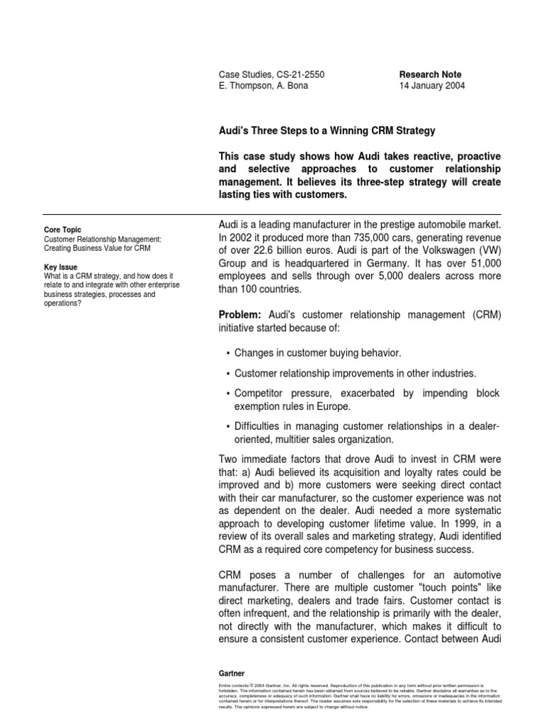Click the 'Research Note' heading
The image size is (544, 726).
coord(430,74)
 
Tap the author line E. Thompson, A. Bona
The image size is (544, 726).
coord(263,86)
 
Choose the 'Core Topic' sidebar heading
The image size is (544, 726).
coord(62,230)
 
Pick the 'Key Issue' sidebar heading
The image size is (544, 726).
coord(60,267)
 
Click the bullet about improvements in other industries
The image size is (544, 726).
coord(355,373)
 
